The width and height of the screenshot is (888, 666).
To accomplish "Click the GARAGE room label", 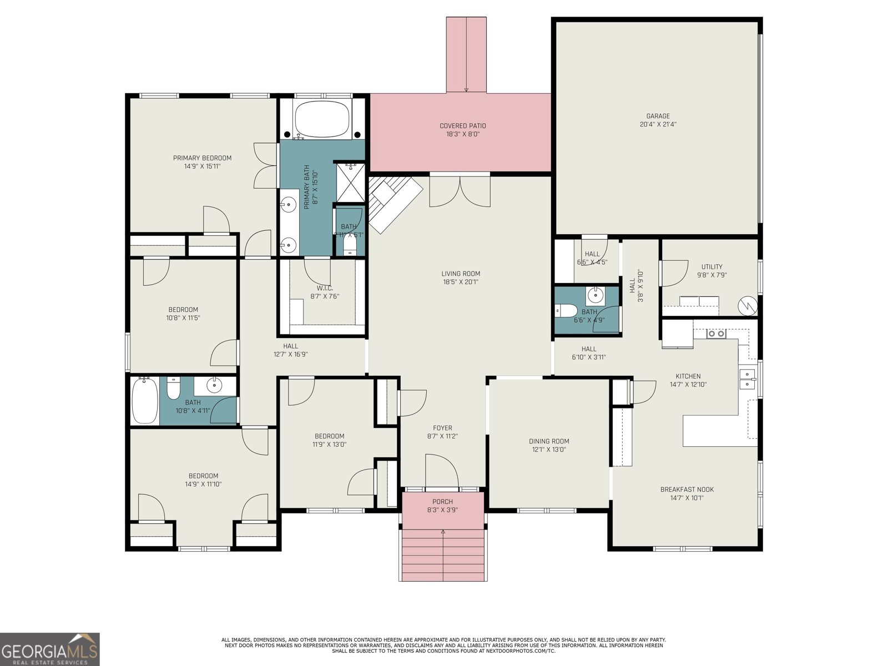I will coord(658,117).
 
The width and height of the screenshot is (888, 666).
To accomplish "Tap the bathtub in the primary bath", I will coord(322,119).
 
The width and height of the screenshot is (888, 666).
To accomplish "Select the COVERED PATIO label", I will coord(462,126).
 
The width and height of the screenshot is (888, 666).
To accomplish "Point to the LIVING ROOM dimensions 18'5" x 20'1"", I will coord(460,282).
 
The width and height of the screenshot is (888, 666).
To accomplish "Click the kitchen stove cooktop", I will coord(716,334).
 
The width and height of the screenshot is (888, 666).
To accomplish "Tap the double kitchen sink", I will coord(748,379).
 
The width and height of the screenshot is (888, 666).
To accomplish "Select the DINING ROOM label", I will coord(548,441).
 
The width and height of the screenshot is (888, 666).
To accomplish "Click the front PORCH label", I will coord(442,502).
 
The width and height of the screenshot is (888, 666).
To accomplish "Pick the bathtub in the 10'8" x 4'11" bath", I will coord(145,401).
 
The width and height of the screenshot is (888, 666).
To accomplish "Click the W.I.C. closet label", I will coord(325,288).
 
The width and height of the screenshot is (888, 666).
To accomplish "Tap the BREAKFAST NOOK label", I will coord(687,490).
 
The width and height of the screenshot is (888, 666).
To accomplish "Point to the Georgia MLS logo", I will coord(50,649).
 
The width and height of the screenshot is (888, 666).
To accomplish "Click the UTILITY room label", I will coord(712,267).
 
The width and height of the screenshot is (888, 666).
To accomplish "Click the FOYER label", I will coord(442,428).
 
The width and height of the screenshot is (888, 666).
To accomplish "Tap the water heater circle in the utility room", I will coord(747,305).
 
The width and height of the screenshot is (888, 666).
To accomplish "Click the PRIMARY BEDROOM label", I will coord(202,158).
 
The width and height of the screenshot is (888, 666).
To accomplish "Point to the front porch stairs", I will coord(443,555).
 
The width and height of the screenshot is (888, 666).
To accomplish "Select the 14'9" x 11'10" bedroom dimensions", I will coord(203,485).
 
